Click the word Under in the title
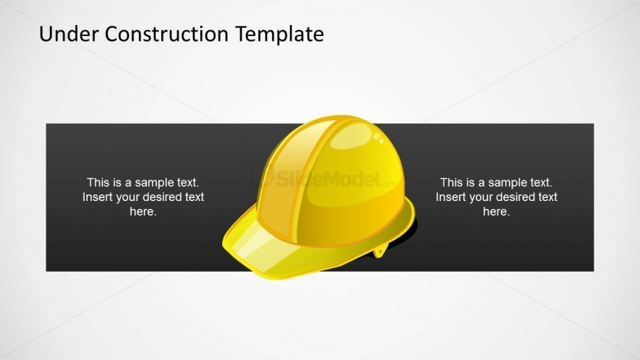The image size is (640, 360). click(x=68, y=34)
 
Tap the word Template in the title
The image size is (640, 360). click(x=280, y=35)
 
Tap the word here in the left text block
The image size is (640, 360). click(x=143, y=212)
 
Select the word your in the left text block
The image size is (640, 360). click(x=128, y=198)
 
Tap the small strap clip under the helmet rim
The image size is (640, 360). click(x=380, y=250)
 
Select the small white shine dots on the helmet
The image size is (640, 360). click(x=379, y=138)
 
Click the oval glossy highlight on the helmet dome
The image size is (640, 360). click(x=351, y=136)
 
